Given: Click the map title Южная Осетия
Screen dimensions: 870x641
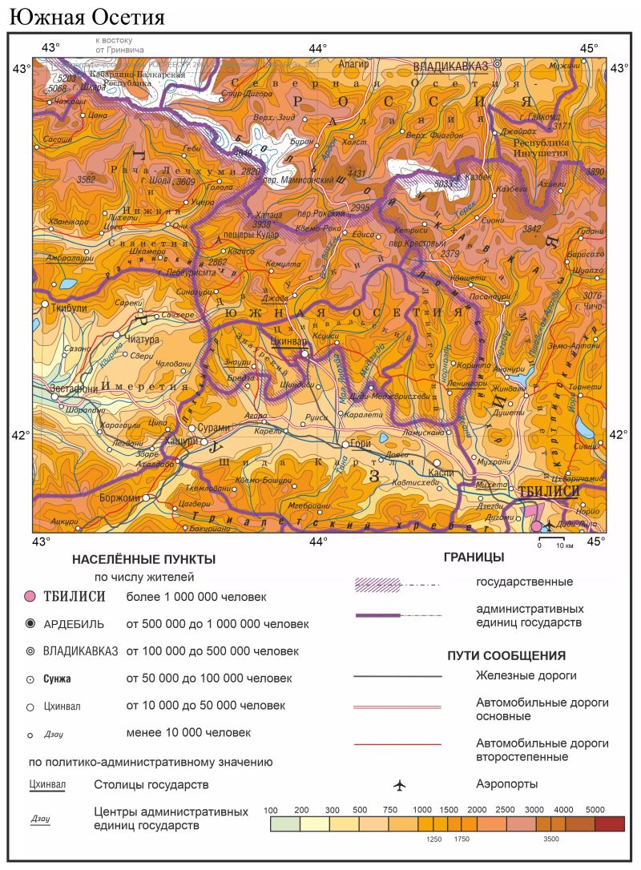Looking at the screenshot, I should (x=87, y=16).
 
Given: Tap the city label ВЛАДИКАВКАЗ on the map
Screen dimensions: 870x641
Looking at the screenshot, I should (x=450, y=66).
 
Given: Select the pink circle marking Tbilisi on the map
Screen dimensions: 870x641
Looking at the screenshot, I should (x=536, y=526).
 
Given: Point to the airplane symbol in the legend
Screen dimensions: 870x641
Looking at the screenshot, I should (x=399, y=784).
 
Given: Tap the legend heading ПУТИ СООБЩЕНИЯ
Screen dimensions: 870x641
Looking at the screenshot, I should (x=506, y=655).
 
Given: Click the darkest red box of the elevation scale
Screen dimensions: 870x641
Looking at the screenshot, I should (x=610, y=824).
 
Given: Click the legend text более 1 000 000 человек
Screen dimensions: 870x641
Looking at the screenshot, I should (x=196, y=597).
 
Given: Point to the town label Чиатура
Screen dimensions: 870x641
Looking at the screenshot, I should (x=143, y=340).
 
